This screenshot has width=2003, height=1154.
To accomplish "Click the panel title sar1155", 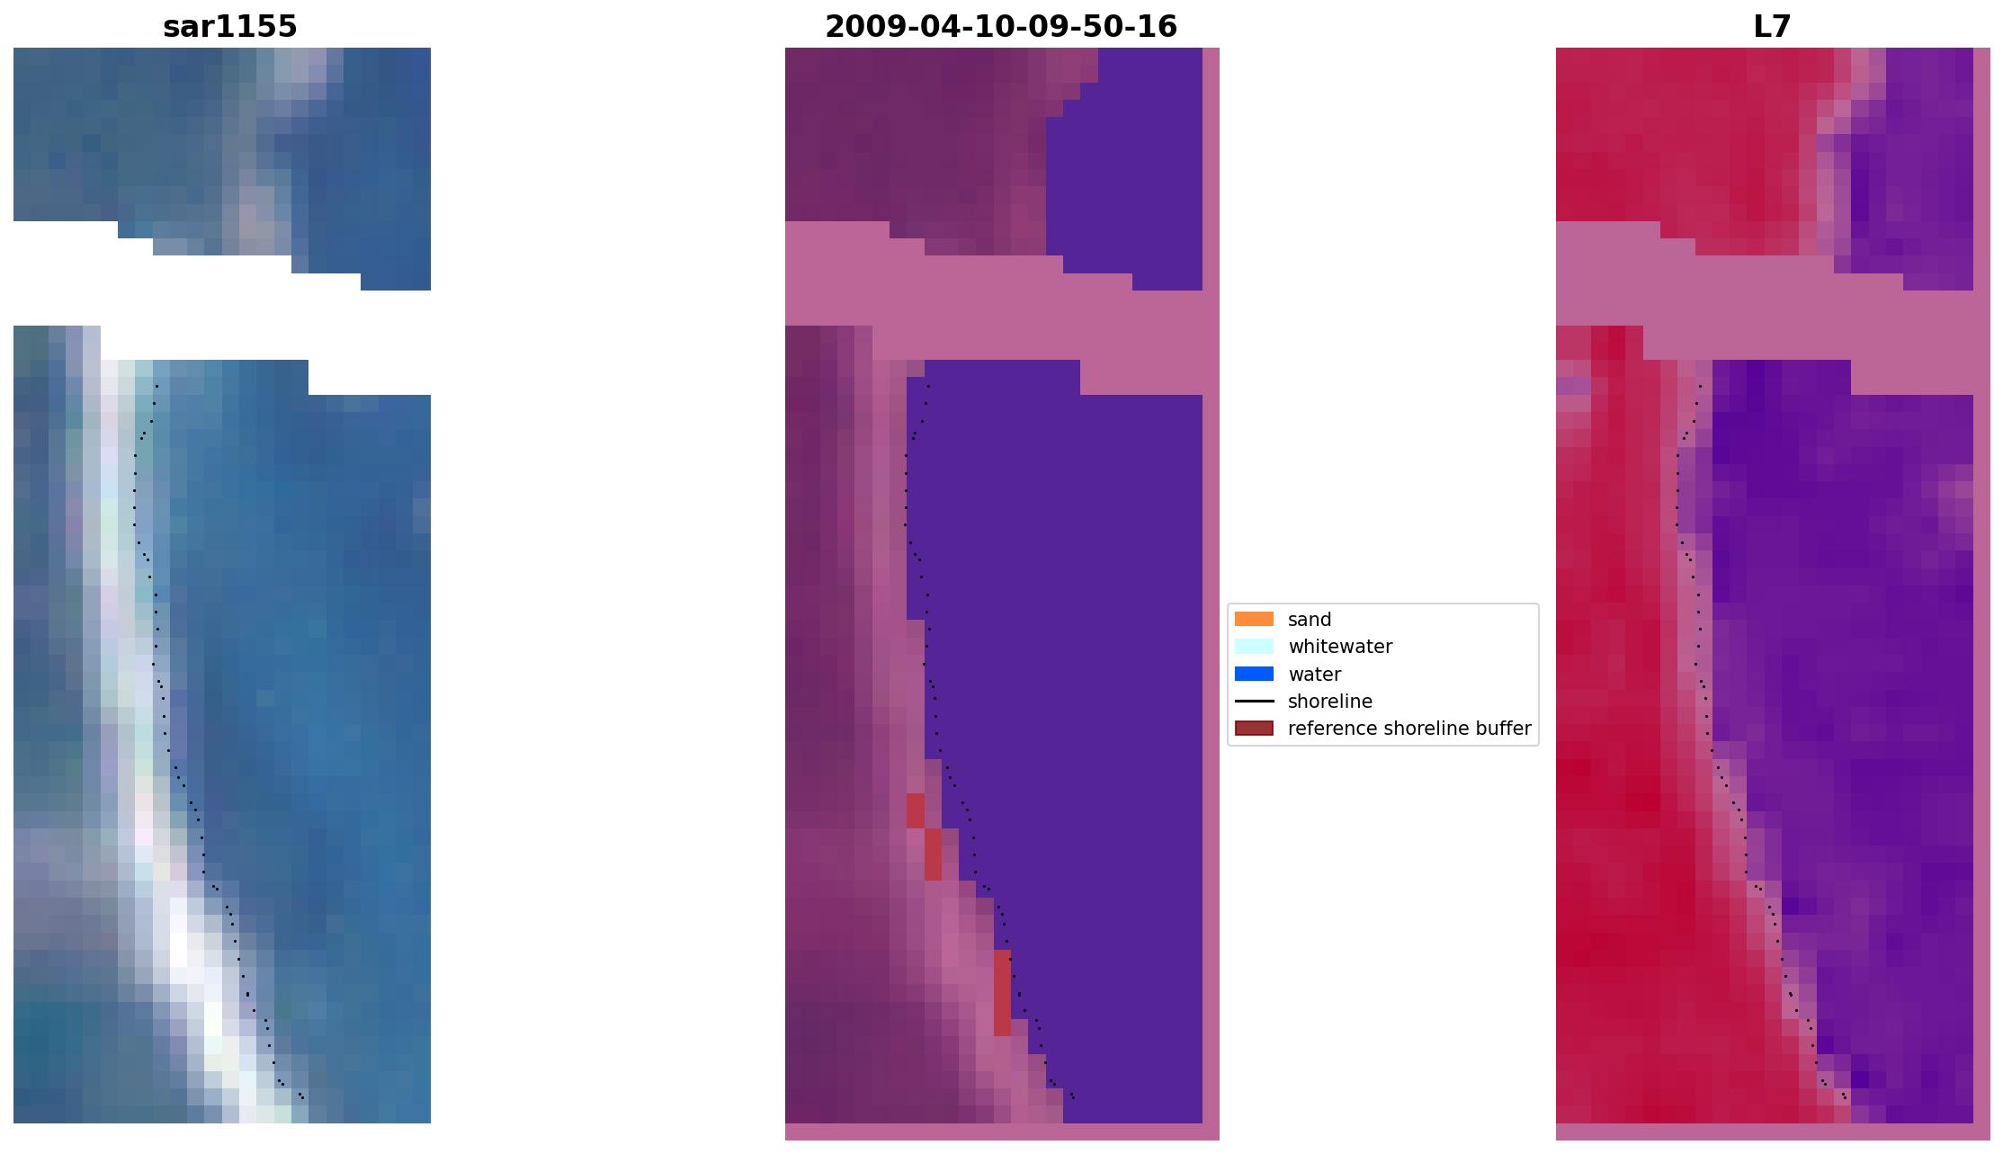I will [229, 27].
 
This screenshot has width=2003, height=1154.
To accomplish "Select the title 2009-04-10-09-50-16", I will [1000, 27].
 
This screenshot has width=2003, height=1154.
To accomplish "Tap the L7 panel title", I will [1772, 27].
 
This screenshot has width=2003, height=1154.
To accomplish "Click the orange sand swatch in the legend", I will [1253, 619].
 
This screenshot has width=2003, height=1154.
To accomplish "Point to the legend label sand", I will [1309, 620].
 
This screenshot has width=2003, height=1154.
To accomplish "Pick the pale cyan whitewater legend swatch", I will [1253, 646].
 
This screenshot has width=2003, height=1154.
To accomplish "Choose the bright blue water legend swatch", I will [1253, 674].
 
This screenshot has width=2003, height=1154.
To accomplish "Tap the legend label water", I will [1314, 675].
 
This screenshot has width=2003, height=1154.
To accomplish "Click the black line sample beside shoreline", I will [1253, 701].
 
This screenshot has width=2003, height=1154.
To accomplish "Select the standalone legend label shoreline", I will [1329, 702].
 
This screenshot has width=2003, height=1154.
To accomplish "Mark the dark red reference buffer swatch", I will [1253, 728].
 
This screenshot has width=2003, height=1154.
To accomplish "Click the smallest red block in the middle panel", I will [915, 810].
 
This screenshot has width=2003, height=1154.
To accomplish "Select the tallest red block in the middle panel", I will [1002, 992].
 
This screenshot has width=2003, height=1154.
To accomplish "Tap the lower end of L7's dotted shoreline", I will [1845, 1096].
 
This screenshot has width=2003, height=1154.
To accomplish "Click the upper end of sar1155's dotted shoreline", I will [156, 387].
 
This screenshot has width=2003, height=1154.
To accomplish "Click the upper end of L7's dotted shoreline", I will [1699, 387].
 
